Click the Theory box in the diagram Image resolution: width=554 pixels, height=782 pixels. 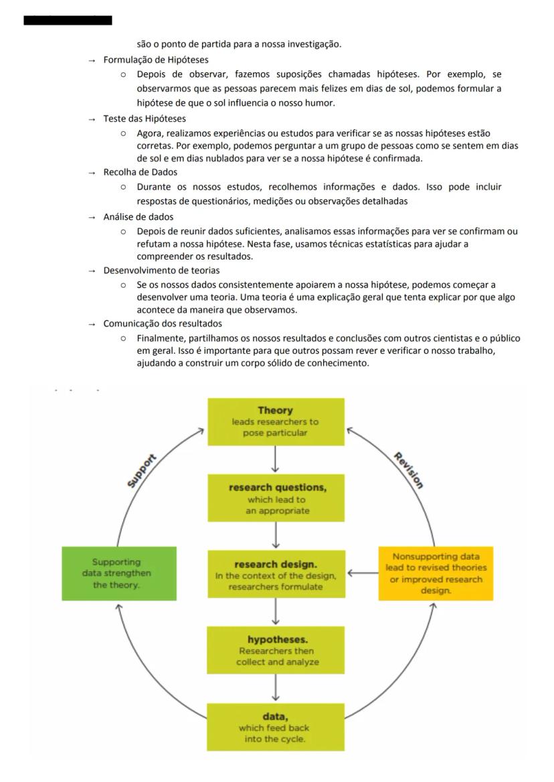[276, 421]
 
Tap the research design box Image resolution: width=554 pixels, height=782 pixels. [276, 575]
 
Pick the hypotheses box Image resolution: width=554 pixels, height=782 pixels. [276, 650]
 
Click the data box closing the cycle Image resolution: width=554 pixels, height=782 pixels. [276, 726]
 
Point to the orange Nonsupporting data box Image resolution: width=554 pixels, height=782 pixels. [436, 573]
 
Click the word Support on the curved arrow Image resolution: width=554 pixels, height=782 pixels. [142, 470]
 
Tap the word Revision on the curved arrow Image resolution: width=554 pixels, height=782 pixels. [408, 470]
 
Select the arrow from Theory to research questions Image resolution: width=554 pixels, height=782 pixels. [276, 460]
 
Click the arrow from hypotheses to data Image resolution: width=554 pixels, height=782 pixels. [276, 688]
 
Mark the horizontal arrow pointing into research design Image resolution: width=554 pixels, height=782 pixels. [362, 573]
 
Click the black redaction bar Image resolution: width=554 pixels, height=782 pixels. [68, 21]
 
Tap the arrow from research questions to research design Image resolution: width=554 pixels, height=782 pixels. [276, 536]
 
